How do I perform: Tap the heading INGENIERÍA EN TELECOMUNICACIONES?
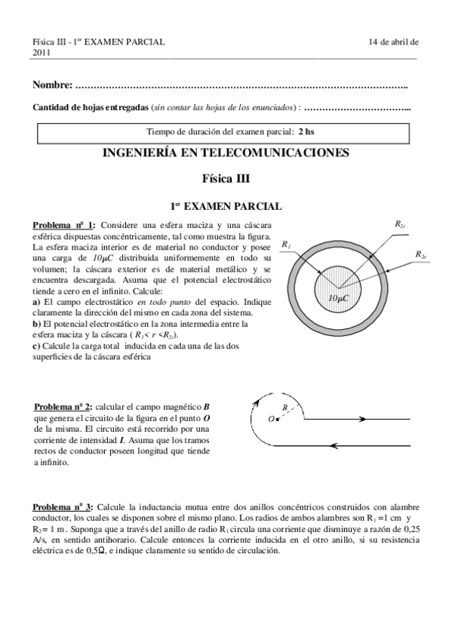(x=226, y=152)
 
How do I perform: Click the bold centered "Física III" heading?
(x=226, y=180)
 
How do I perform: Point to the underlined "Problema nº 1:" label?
(x=63, y=225)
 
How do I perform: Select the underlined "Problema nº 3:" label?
(x=63, y=506)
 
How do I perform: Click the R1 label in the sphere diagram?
(x=285, y=245)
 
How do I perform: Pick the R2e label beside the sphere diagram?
(x=421, y=254)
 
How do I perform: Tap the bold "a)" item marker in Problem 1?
(x=36, y=302)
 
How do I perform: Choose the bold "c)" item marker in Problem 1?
(x=36, y=346)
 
